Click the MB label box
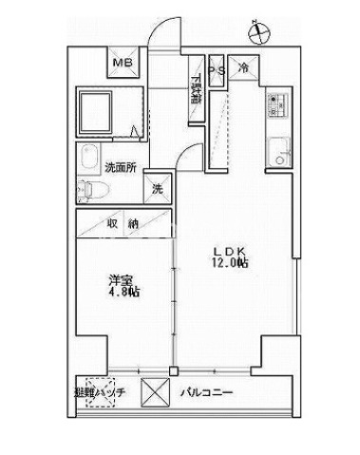123,64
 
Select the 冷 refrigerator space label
243,68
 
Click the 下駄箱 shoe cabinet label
196,92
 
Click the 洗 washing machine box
158,188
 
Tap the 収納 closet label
122,224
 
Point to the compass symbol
256,32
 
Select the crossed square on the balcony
154,391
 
